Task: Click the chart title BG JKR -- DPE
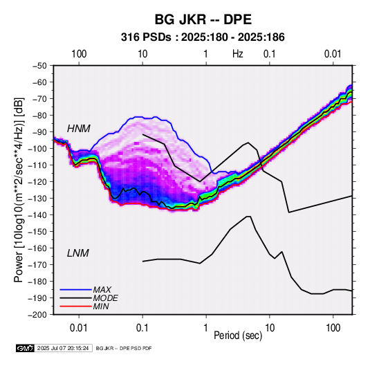tap(203, 19)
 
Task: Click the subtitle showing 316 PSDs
tap(203, 37)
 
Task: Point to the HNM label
tap(79, 129)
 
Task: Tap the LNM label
tap(78, 253)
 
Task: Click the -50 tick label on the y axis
tap(40, 66)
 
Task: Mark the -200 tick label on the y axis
tap(38, 315)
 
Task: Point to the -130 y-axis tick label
tap(38, 199)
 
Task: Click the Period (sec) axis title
tap(238, 336)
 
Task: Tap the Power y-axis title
tap(19, 190)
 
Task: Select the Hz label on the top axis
tap(238, 54)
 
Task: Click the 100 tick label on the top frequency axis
tap(79, 54)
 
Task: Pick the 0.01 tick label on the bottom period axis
tap(79, 328)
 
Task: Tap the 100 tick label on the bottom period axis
tap(333, 328)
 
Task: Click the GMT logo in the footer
tap(25, 348)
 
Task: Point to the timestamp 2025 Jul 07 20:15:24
tap(63, 348)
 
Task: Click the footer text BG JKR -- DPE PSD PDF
tap(124, 348)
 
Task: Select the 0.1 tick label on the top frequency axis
tap(270, 54)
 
